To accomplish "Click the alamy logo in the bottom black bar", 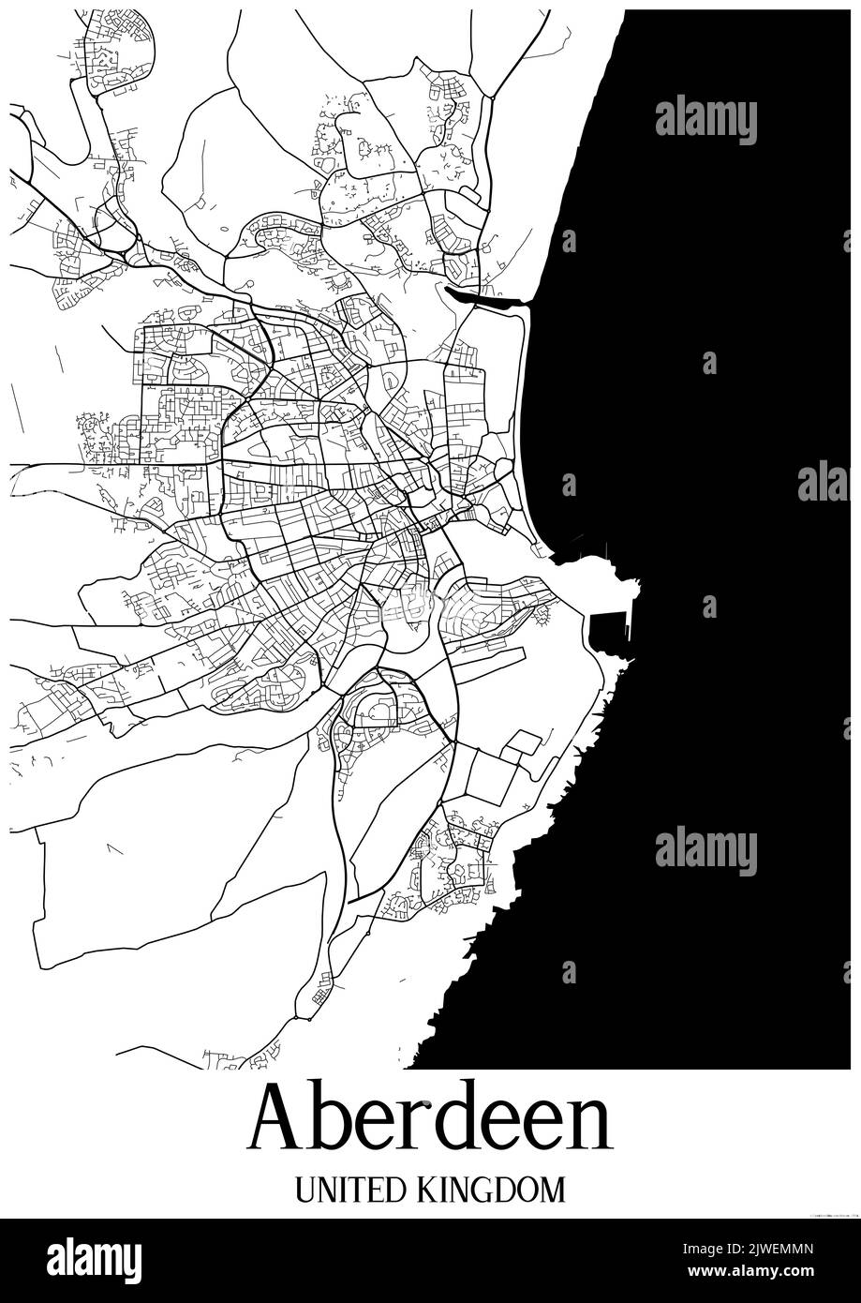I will pyautogui.click(x=94, y=1261).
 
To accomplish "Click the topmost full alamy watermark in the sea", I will pyautogui.click(x=705, y=119).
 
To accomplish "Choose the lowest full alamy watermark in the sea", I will pyautogui.click(x=705, y=851).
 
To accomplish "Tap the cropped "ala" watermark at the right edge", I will pyautogui.click(x=824, y=481).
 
